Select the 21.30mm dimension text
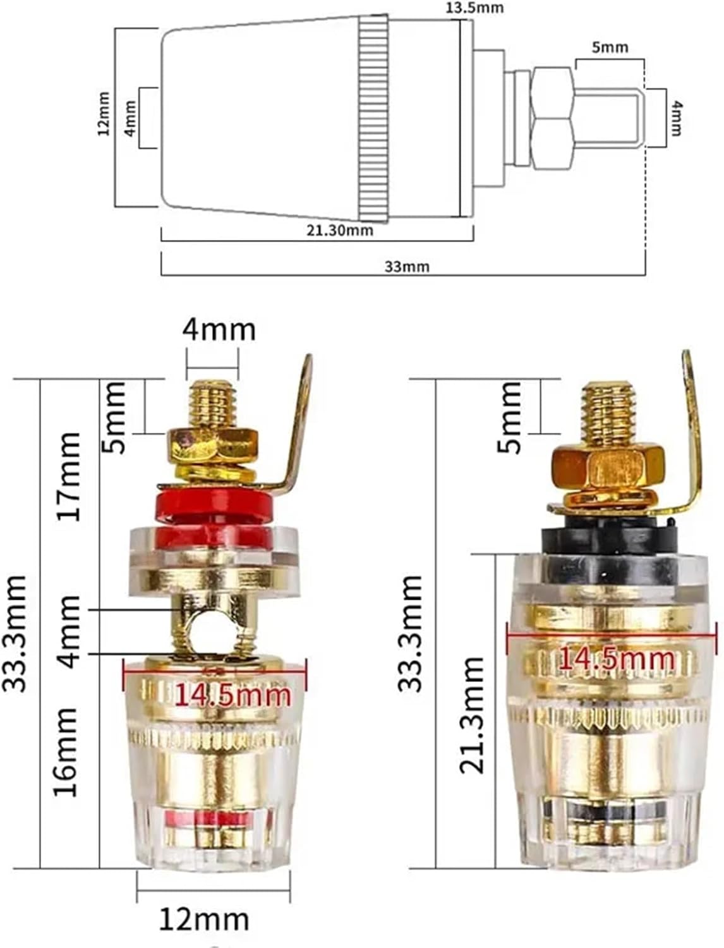point(339,231)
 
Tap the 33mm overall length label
point(407,266)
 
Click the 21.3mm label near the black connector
point(473,714)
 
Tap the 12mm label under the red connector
point(203,919)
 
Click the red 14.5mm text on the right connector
point(616,659)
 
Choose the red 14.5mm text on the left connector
point(232,695)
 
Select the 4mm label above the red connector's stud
point(219,329)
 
